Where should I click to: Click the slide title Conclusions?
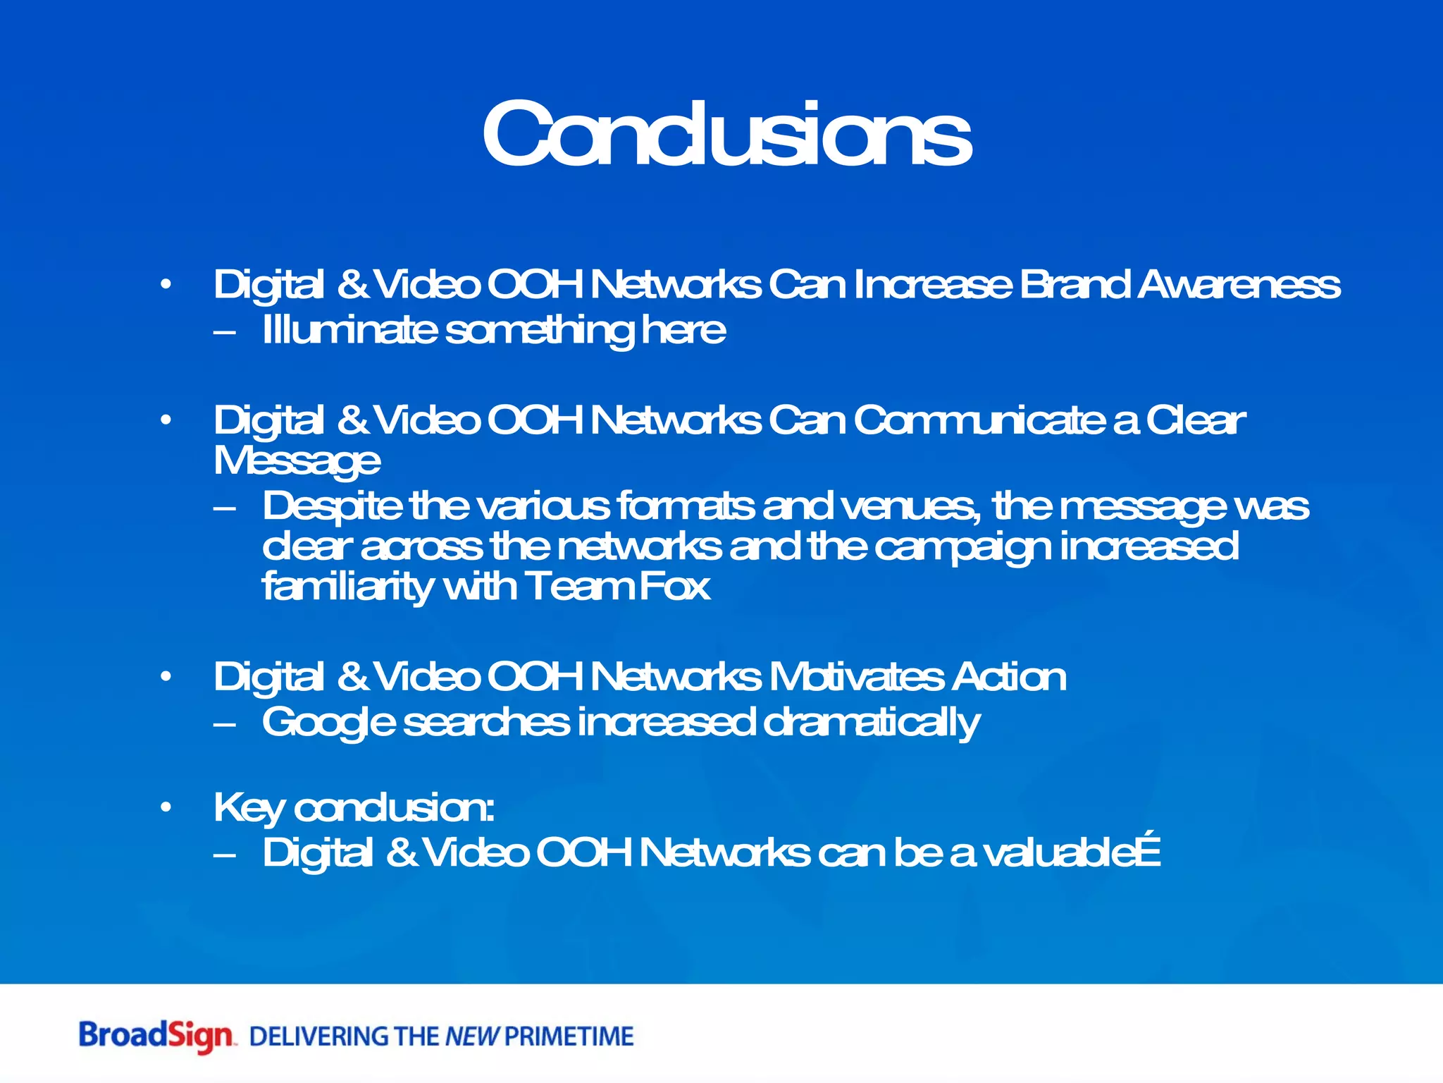coord(726,134)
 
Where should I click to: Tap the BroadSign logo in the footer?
coord(156,1036)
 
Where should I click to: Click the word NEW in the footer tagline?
coord(472,1036)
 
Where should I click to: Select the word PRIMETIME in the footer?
coord(569,1036)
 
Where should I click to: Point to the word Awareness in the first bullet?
coord(1240,285)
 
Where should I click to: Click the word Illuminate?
coord(349,330)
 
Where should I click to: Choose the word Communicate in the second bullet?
coord(979,421)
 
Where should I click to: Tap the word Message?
coord(297,462)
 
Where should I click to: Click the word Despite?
coord(331,507)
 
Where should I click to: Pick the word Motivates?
coord(856,677)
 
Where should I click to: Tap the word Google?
coord(328,723)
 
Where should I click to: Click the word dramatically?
coord(871,723)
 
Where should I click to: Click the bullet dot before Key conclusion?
coord(166,807)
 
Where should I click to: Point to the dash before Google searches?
coord(224,723)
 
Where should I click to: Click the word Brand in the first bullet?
coord(1074,285)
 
